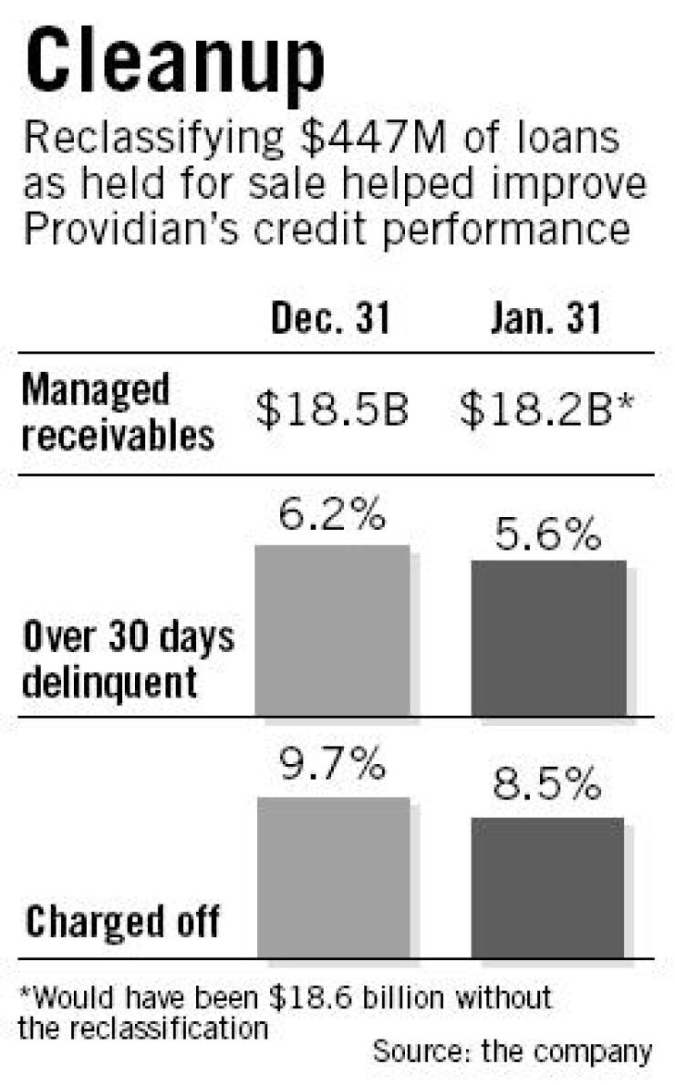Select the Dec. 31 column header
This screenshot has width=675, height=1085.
pos(331,322)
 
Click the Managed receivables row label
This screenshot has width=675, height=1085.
pos(119,413)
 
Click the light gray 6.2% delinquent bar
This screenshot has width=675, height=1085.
pos(331,630)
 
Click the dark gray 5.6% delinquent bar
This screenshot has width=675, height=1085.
pos(548,637)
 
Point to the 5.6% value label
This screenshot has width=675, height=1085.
pos(548,534)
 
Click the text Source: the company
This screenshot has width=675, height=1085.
pos(513,1052)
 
